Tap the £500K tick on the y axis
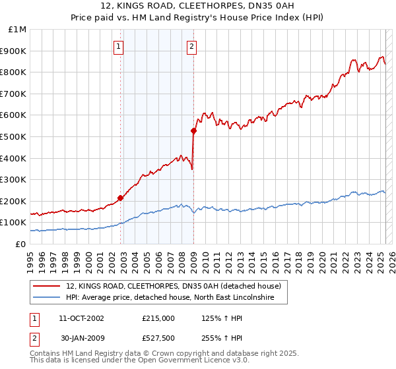[x=14, y=136]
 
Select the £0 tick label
[x=20, y=244]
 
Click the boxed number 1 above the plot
[x=118, y=46]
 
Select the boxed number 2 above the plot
[x=191, y=46]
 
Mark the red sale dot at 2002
[x=120, y=198]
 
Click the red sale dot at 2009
[x=194, y=130]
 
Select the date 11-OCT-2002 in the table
[x=81, y=318]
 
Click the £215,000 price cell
[x=158, y=318]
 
